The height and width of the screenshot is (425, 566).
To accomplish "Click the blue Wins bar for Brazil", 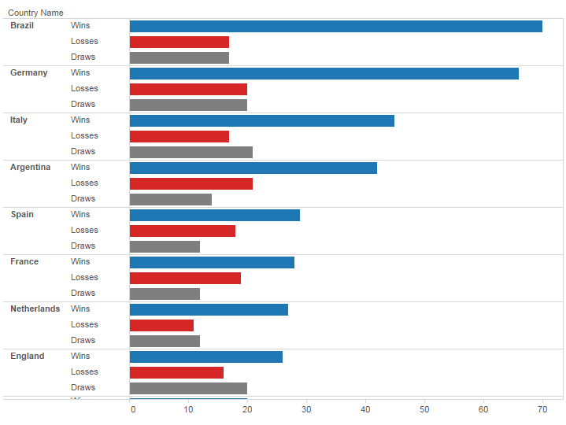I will coord(336,26).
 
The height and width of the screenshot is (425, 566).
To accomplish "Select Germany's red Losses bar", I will coord(188,89).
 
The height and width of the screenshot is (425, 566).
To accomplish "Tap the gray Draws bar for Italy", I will coord(191,152).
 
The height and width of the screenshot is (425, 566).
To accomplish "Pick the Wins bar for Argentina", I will coord(253,168).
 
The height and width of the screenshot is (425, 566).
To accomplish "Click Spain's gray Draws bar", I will coord(165,246).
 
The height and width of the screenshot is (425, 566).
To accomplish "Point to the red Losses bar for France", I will coord(185,278).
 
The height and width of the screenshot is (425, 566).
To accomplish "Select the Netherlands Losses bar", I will coord(161,325).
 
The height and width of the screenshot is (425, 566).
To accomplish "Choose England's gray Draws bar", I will coord(188,388).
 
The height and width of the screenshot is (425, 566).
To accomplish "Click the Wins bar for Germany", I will coord(324,73).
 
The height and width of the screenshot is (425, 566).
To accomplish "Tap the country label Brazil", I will coord(22,25).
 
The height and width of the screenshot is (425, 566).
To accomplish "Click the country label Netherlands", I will coord(35,309).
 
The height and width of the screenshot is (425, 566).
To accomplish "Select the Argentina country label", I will coord(30,167).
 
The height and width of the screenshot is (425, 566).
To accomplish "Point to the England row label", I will coord(27,356).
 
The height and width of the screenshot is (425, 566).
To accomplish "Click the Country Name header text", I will coord(35,13).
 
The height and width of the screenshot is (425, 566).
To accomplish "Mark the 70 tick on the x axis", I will coord(542,409).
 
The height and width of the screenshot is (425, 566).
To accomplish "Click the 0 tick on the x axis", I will coord(132,409).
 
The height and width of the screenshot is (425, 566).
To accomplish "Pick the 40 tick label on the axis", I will coord(365,409).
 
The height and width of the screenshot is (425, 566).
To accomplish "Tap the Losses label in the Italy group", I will coord(84,135).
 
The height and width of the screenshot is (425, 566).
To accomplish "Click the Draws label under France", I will coord(83,293).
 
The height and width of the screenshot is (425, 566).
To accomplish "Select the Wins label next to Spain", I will coord(80,214).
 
